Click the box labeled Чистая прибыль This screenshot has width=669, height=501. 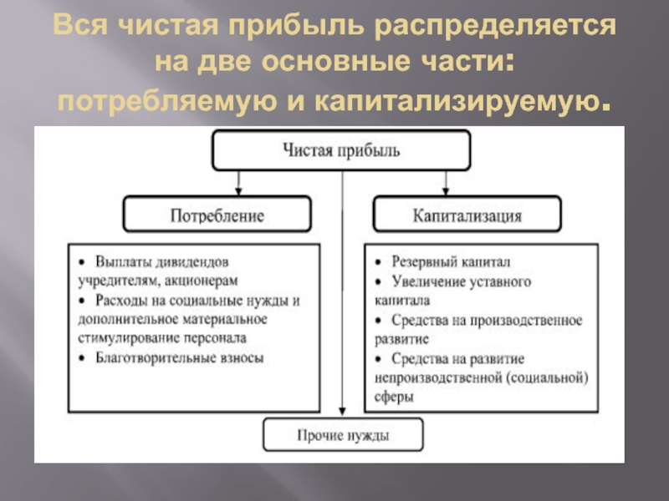[x=341, y=151]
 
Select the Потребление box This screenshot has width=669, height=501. [x=217, y=215]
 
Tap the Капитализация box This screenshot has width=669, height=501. [x=467, y=215]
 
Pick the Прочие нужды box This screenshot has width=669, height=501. [x=343, y=435]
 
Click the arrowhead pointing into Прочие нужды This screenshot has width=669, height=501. [x=343, y=412]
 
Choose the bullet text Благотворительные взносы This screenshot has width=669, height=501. [x=180, y=357]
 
